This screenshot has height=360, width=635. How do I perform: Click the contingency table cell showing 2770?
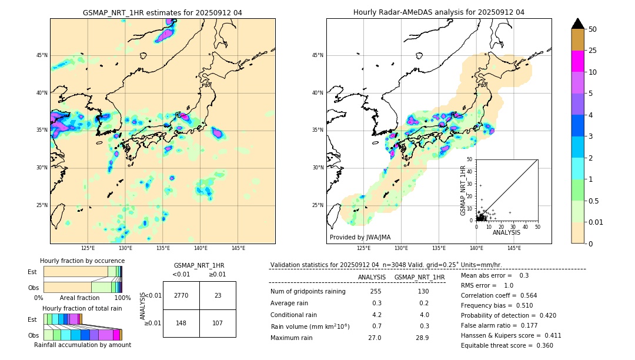(181, 295)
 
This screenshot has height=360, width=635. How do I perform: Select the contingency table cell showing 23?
(218, 295)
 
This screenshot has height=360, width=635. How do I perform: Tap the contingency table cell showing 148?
(181, 323)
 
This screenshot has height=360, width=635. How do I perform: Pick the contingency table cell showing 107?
(218, 323)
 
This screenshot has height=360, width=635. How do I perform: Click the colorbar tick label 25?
(593, 51)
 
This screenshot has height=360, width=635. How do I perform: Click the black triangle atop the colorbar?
(578, 24)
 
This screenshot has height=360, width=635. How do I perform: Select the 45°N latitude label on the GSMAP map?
(42, 55)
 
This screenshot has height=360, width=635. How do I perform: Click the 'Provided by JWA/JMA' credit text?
(360, 238)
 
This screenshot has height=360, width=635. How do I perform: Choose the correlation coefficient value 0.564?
(525, 296)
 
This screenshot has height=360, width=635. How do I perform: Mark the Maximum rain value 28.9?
(422, 338)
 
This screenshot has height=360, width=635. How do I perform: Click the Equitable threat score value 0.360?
(541, 346)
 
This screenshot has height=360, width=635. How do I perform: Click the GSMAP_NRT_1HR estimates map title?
(162, 12)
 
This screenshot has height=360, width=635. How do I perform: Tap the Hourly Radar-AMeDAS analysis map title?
(439, 12)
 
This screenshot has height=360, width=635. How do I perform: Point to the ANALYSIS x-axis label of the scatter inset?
(506, 232)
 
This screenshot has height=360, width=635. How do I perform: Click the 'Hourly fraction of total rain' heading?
(82, 308)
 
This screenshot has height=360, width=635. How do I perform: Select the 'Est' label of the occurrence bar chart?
(32, 272)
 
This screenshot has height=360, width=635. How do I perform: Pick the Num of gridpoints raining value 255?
(376, 292)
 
